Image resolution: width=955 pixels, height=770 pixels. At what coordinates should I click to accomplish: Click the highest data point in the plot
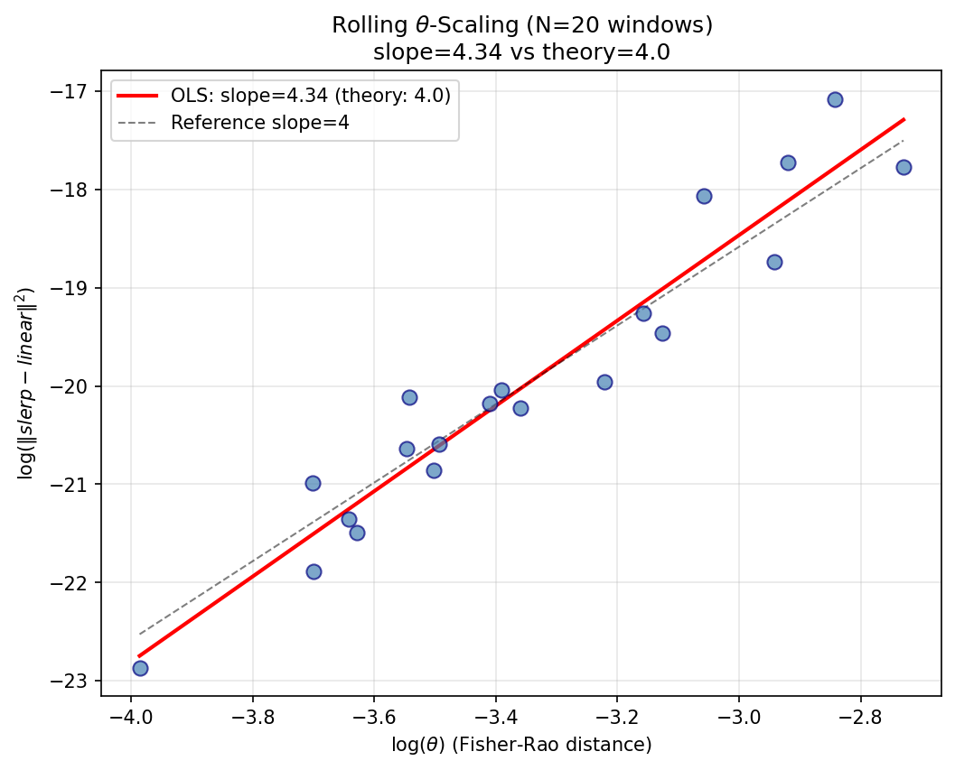click(x=835, y=99)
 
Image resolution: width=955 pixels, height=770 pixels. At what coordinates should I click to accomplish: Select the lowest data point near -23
click(x=140, y=668)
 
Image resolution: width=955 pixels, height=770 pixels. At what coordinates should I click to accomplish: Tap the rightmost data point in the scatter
click(x=904, y=167)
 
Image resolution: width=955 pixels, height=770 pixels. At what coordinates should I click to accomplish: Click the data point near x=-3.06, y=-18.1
click(x=704, y=196)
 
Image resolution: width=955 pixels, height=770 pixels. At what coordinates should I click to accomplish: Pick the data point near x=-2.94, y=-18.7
click(x=774, y=262)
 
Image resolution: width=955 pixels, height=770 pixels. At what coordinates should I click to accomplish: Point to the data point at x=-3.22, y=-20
click(x=604, y=382)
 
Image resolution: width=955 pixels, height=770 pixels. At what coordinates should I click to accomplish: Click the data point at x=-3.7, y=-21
click(x=313, y=483)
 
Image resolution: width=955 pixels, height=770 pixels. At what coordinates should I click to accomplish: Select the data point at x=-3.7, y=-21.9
click(x=314, y=571)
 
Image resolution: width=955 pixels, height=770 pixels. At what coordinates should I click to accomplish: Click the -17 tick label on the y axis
click(x=76, y=91)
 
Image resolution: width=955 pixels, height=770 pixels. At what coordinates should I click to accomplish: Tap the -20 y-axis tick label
click(x=76, y=386)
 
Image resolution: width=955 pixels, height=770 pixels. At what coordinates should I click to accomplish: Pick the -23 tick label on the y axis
click(x=76, y=681)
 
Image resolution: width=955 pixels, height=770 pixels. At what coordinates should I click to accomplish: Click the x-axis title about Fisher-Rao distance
click(x=520, y=745)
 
